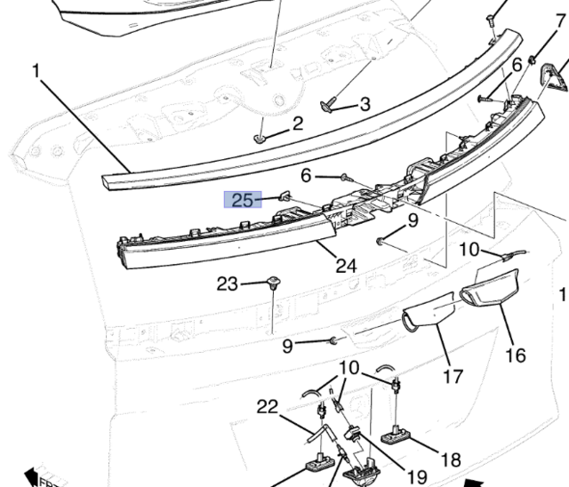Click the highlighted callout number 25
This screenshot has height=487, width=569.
tap(242, 200)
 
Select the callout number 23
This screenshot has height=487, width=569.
tap(228, 284)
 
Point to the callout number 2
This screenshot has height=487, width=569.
tap(297, 123)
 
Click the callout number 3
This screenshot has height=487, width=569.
tap(365, 104)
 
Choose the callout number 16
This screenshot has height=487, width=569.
tap(516, 355)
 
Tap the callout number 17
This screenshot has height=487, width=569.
tap(453, 376)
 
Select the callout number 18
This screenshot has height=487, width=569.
tap(451, 459)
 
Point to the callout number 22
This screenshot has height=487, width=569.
tap(268, 407)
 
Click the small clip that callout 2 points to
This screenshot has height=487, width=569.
tap(259, 139)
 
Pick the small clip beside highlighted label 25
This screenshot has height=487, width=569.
tap(284, 195)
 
